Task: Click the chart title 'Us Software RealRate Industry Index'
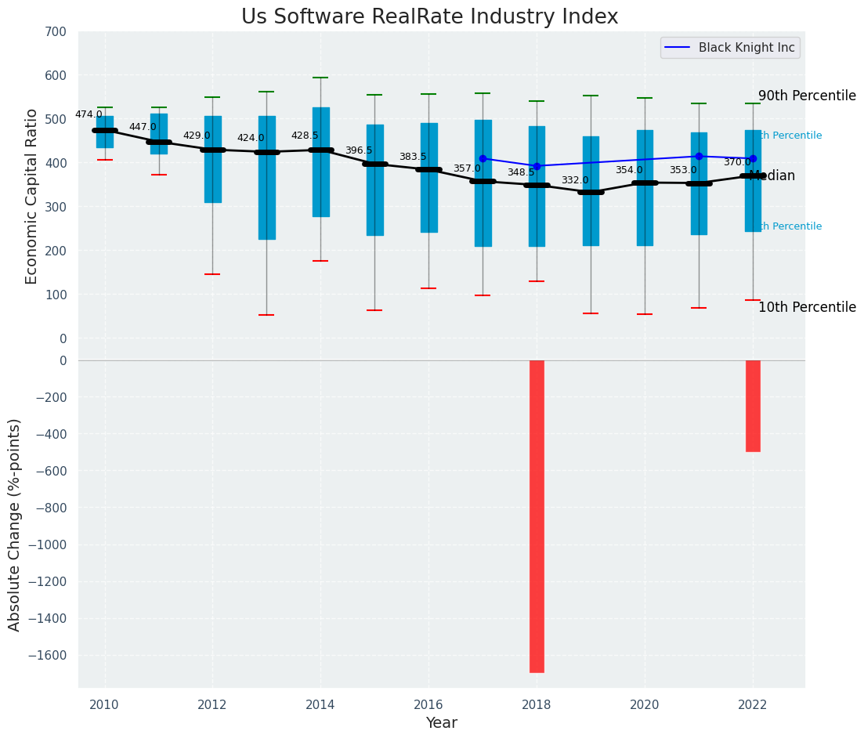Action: [429, 17]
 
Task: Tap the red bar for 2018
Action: [537, 516]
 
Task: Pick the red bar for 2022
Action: [753, 406]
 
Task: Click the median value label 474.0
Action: [89, 114]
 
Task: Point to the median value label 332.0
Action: [574, 180]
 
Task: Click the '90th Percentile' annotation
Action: [807, 96]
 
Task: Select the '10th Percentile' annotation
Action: [807, 307]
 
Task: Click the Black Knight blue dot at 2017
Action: [483, 158]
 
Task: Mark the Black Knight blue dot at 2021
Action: [699, 156]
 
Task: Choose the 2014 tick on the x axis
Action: [320, 705]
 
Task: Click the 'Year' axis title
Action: [441, 723]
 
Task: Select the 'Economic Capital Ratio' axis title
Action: [32, 196]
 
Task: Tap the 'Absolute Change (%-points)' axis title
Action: [15, 524]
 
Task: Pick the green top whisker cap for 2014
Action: [320, 78]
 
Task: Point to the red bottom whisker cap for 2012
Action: [212, 274]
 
